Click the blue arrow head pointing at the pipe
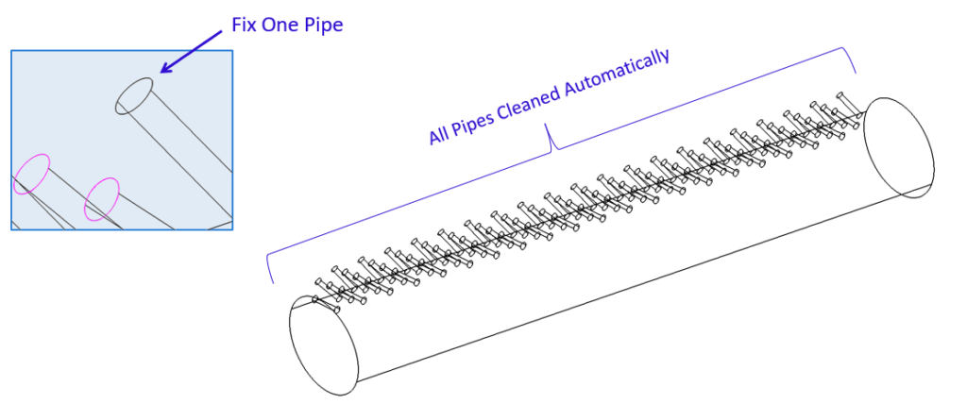(x=165, y=69)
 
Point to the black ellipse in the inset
(x=134, y=95)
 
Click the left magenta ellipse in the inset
(x=31, y=175)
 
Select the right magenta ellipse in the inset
(x=102, y=198)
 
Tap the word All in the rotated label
(x=439, y=133)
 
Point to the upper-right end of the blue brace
(x=856, y=71)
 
